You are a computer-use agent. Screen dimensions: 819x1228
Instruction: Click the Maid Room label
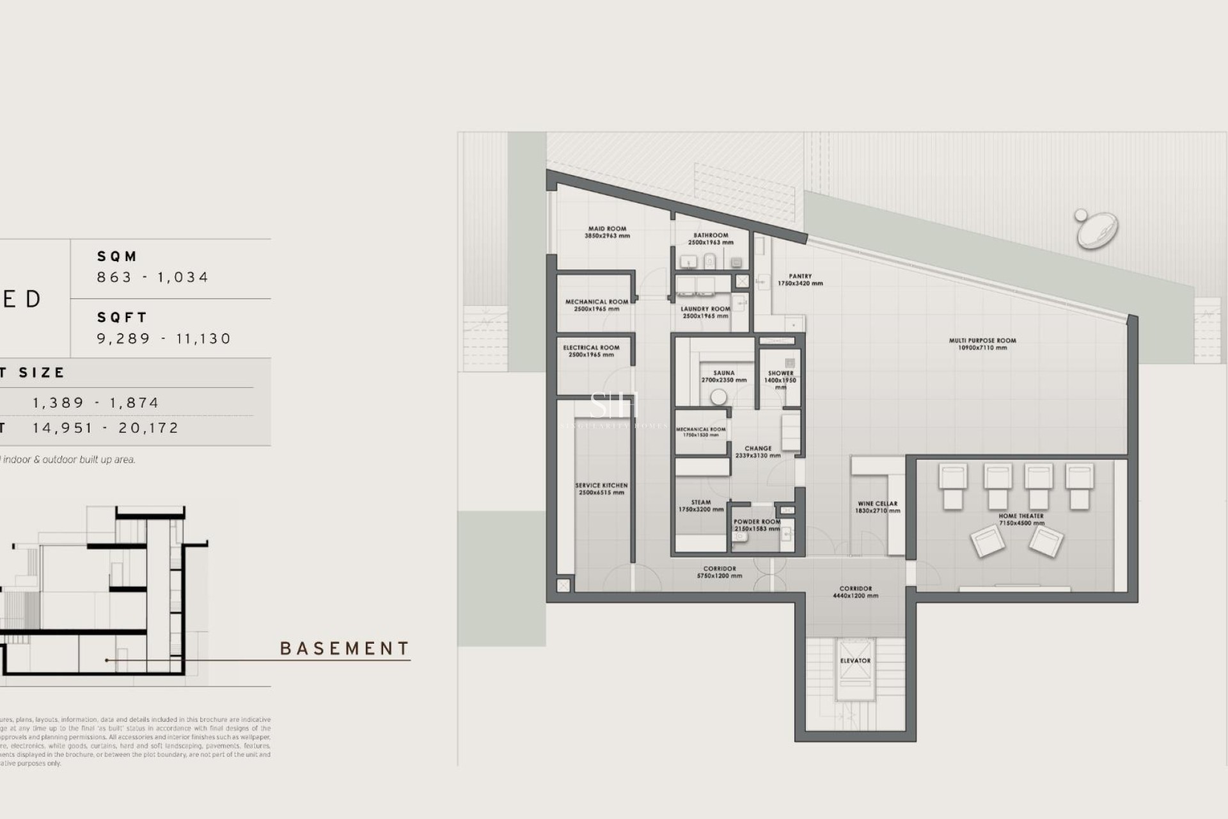click(607, 232)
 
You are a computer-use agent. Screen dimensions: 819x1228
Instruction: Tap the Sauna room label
click(723, 376)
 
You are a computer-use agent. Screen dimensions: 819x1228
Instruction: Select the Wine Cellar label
click(877, 507)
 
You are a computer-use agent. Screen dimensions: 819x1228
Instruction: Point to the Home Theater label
click(1021, 519)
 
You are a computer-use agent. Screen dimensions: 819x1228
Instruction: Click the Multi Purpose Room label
click(982, 344)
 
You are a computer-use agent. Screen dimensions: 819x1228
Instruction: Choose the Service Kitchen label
click(601, 489)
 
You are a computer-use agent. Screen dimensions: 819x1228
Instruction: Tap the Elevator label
click(855, 660)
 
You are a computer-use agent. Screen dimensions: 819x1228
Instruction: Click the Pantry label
click(799, 280)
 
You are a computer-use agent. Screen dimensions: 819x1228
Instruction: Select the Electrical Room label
click(591, 351)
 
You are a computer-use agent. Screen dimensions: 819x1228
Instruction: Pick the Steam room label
click(701, 505)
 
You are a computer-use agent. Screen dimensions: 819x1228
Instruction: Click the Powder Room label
click(757, 525)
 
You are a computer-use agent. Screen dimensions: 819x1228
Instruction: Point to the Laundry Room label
click(705, 312)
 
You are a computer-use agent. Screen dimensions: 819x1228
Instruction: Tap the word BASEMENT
click(345, 649)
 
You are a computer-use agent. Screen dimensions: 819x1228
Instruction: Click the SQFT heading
click(122, 317)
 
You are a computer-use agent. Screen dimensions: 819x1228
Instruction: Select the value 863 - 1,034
click(152, 277)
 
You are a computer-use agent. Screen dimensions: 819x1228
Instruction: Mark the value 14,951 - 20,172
click(106, 428)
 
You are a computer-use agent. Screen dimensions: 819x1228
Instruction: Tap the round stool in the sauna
click(719, 397)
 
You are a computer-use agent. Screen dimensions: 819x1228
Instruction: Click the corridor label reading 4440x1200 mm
click(855, 592)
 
